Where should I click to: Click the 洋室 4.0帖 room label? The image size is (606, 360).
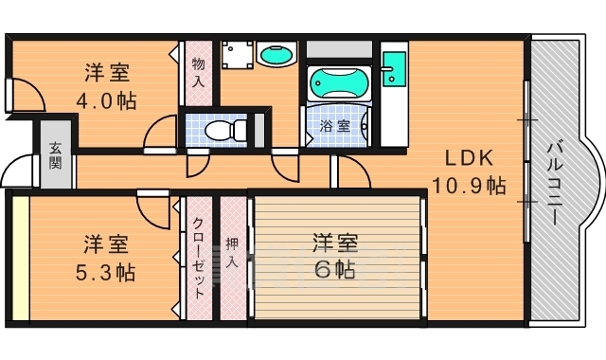[106, 85]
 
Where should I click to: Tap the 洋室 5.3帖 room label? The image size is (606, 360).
[106, 257]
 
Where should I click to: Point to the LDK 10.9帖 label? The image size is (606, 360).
[468, 171]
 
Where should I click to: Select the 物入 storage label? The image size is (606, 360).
[198, 72]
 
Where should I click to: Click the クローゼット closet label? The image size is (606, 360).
[198, 257]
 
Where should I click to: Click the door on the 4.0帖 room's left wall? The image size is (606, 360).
[21, 96]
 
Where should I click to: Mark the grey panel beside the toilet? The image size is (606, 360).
[259, 129]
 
